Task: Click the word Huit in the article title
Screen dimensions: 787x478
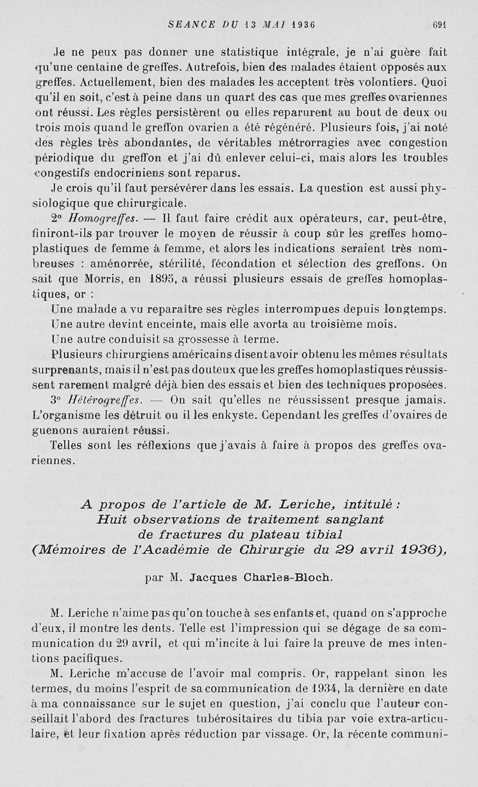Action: pos(112,519)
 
